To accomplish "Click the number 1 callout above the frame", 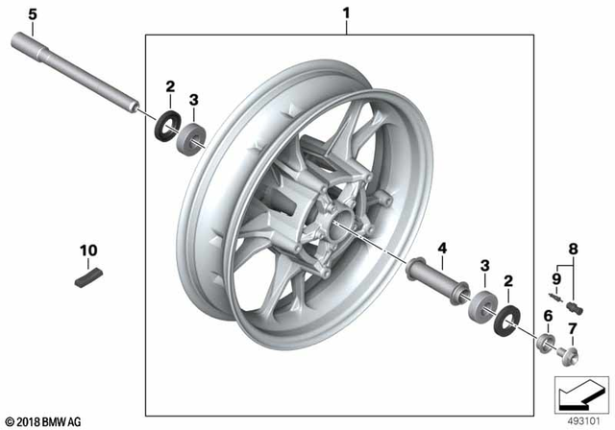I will click(348, 14).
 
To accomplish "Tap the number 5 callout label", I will click(31, 14).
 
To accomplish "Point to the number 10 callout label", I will click(87, 251).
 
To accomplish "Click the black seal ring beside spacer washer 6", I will click(507, 318).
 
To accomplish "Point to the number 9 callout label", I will click(555, 278).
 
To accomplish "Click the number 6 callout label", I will click(547, 315).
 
